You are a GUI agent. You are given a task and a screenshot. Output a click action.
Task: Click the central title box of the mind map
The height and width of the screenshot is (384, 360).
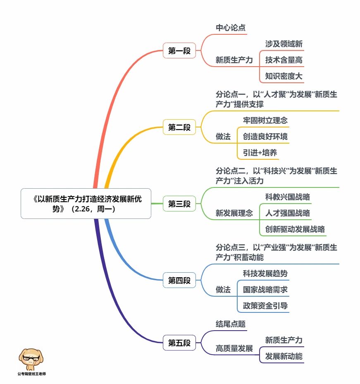click(86, 204)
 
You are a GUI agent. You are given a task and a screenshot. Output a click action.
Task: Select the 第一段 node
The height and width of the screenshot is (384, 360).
click(179, 51)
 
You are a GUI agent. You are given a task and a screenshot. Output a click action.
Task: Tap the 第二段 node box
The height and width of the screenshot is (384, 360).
click(179, 127)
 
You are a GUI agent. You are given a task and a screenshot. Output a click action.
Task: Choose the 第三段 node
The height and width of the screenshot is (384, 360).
click(179, 204)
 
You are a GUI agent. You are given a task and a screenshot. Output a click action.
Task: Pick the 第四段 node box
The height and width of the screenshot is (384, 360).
click(179, 280)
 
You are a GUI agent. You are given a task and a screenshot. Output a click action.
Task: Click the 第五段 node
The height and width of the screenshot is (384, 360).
click(179, 343)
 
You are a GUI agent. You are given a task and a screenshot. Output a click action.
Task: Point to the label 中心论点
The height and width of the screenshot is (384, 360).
click(231, 28)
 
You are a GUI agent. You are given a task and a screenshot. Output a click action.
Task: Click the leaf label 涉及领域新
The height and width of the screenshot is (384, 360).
click(284, 44)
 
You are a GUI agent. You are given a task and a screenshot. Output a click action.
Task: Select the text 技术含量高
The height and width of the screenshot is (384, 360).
click(284, 60)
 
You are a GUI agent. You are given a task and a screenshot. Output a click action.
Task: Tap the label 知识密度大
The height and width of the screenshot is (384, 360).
click(284, 76)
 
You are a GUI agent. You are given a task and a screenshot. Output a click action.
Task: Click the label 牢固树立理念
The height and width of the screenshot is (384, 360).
click(265, 120)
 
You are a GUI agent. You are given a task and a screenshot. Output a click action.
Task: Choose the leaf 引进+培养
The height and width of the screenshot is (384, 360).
click(260, 153)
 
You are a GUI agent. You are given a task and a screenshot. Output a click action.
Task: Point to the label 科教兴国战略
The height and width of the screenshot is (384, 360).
click(288, 197)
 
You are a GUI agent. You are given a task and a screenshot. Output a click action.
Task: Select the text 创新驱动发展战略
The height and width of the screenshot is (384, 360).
click(295, 229)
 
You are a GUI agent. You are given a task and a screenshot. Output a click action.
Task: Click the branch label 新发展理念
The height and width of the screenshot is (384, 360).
click(234, 213)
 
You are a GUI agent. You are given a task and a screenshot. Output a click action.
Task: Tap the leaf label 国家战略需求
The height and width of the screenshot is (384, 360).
click(265, 290)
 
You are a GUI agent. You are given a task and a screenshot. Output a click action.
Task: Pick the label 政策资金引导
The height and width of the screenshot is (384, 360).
click(265, 306)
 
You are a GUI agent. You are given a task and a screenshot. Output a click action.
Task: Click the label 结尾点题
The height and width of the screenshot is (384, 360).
click(231, 324)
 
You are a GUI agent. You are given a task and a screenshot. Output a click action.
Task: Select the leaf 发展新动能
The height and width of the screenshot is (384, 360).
click(284, 356)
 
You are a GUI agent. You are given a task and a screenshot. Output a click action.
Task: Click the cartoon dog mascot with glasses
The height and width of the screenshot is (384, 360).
click(31, 359)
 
